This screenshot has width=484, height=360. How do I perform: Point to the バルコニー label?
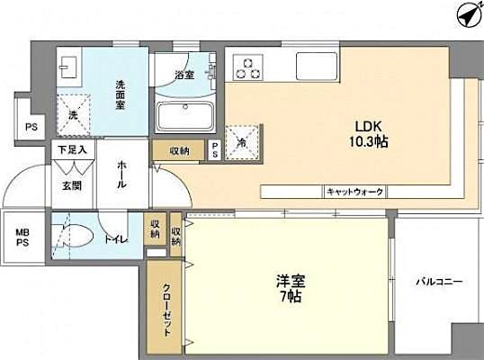(438, 283)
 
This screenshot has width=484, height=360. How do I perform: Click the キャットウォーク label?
(354, 192)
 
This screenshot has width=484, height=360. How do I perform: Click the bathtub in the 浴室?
(184, 116)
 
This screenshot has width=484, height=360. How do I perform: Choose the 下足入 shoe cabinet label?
(72, 149)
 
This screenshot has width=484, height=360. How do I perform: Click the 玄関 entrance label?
(72, 184)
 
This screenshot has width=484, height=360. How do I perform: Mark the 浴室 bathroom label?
(184, 75)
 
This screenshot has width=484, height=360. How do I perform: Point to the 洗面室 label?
(121, 94)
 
